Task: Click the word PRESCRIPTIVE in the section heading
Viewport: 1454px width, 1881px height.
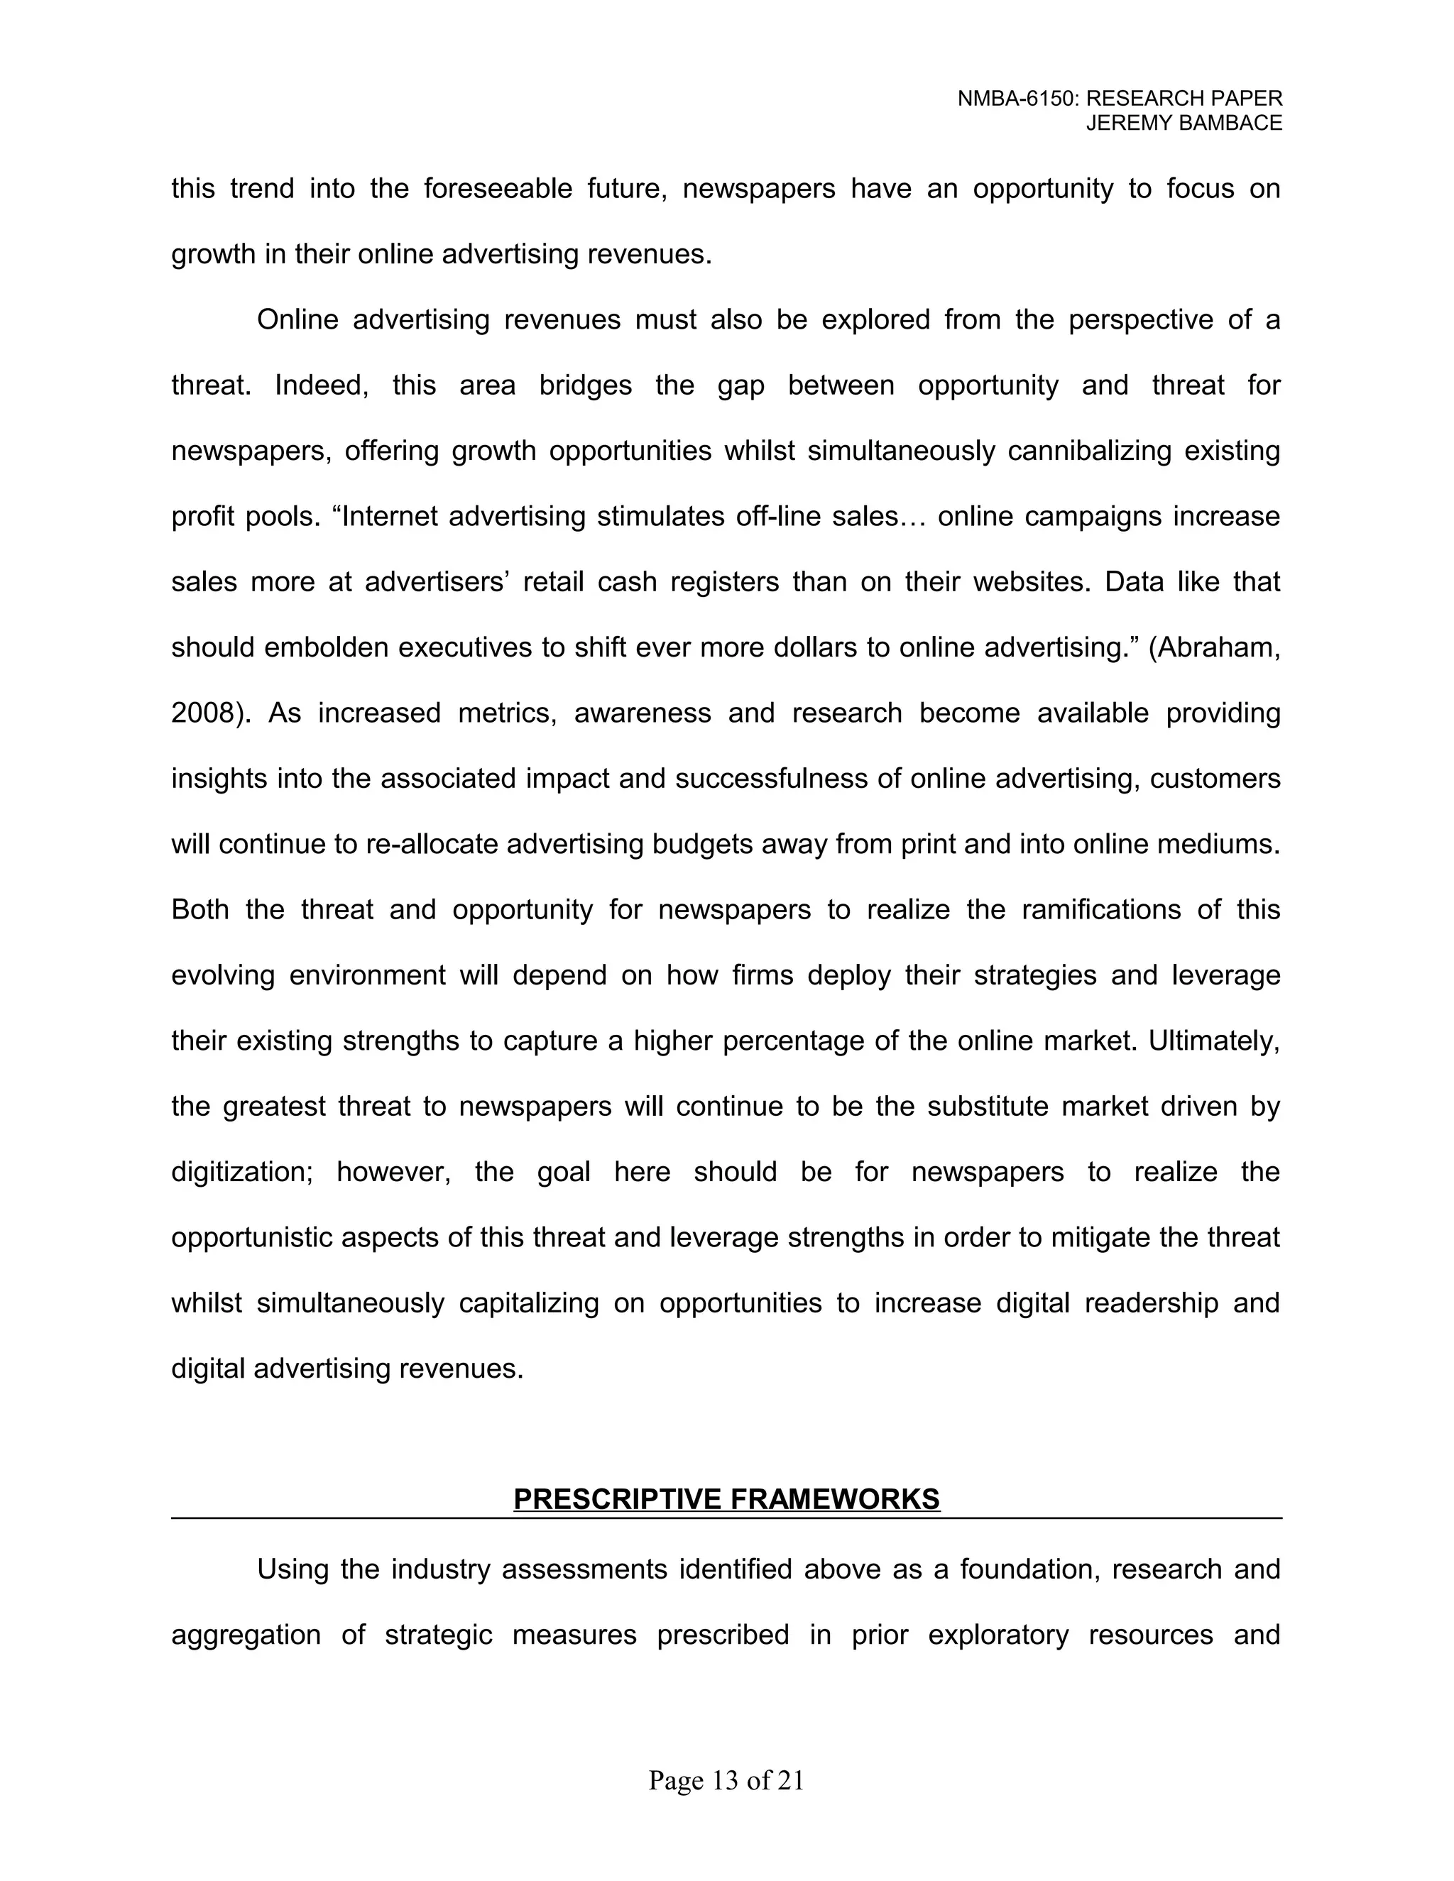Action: [x=617, y=1499]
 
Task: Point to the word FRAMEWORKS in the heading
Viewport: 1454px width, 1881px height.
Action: [x=835, y=1499]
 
